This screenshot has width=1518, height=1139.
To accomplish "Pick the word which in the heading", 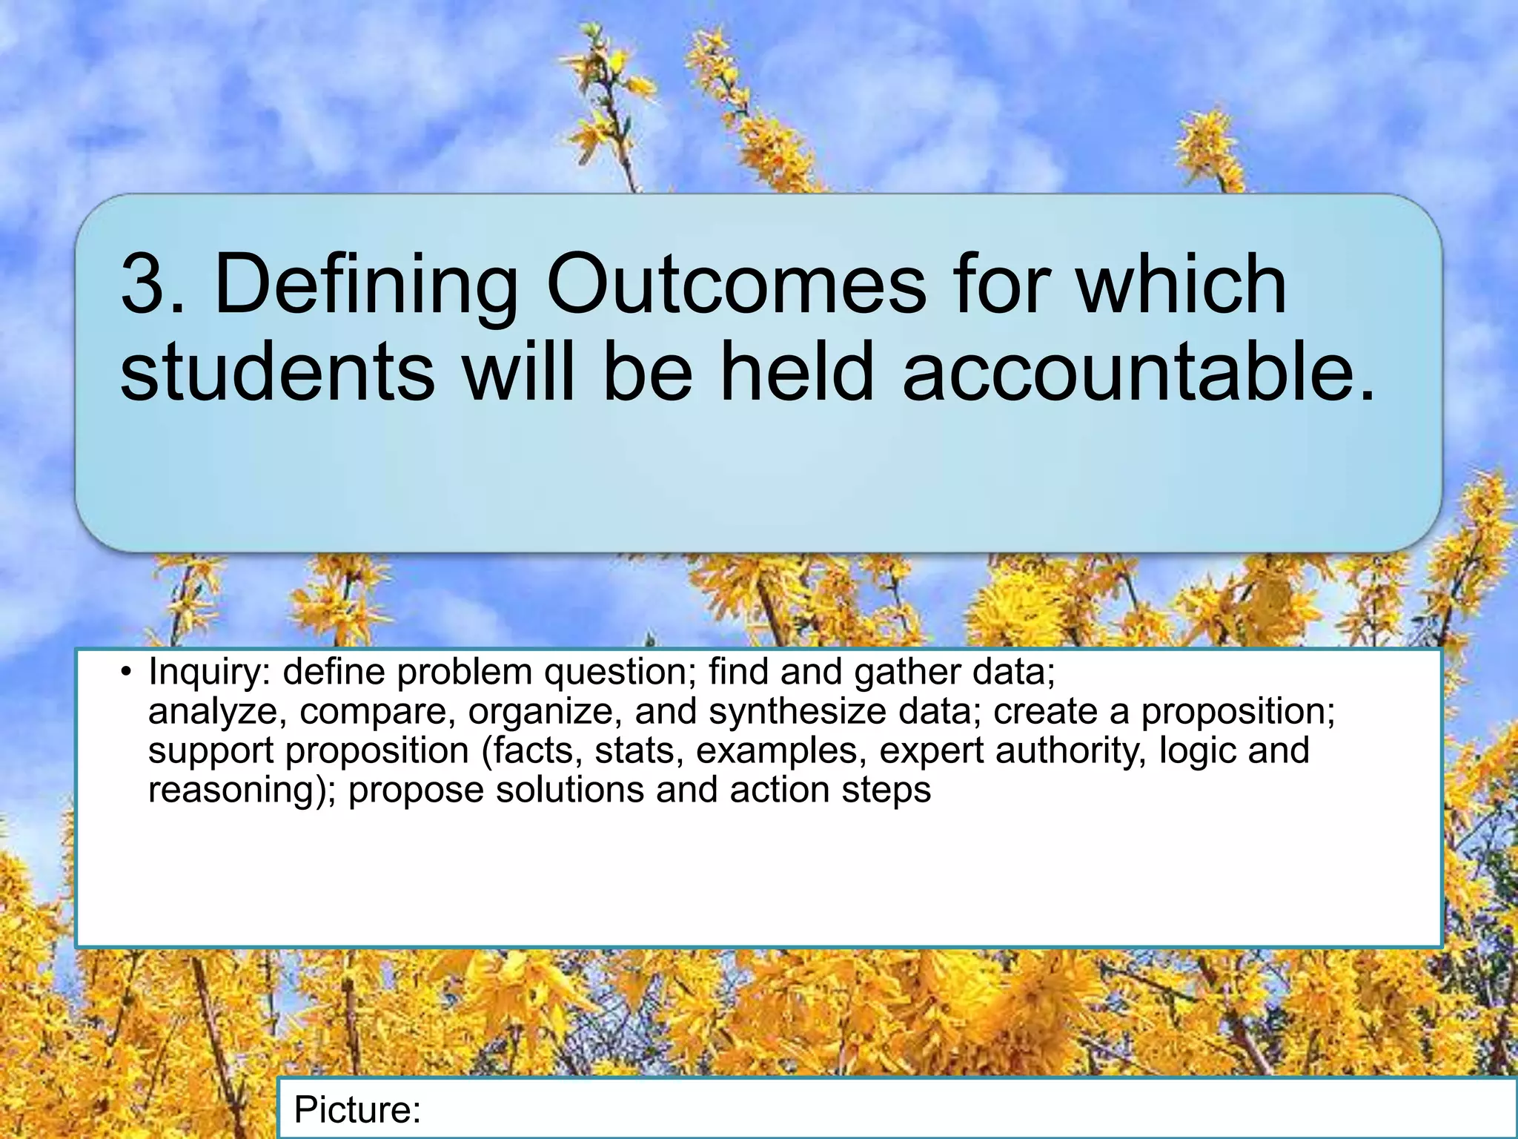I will pos(1181,285).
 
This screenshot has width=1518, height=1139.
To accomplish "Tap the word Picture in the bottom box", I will pos(356,1110).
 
